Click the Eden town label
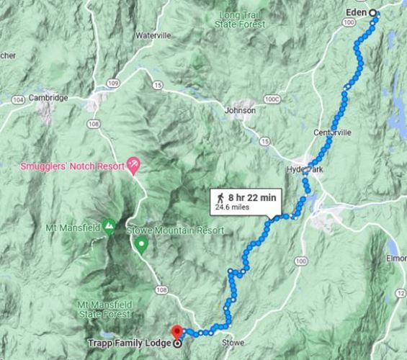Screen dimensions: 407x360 [357, 13]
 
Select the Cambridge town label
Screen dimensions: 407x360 [48, 98]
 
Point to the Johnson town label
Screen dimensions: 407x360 [240, 111]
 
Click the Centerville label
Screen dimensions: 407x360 [332, 133]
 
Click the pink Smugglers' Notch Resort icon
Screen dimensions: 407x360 [133, 165]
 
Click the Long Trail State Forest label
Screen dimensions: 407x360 [240, 19]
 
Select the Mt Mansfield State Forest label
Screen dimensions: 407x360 [104, 309]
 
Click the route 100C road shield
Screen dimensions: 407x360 [271, 99]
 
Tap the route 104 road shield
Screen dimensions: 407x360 [18, 99]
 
